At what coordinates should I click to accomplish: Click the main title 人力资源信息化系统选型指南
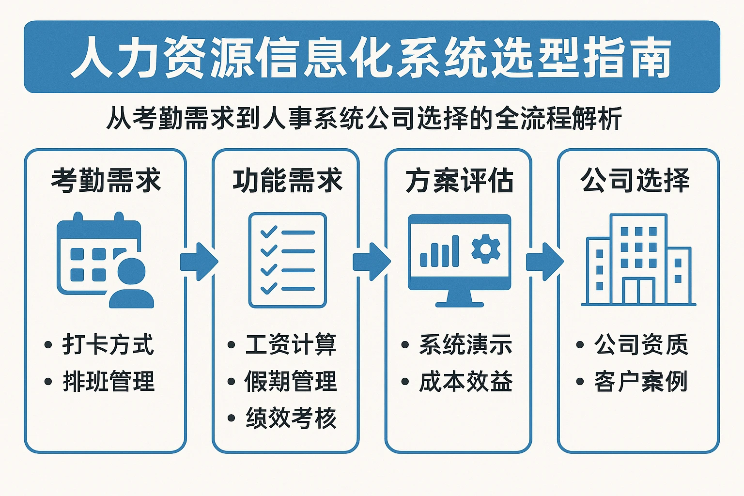(372, 57)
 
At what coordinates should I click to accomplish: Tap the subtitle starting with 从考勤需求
(364, 118)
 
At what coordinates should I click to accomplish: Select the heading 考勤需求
(106, 181)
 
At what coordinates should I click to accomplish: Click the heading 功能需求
(287, 181)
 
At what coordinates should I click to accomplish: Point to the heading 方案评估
(459, 181)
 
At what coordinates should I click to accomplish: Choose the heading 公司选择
(635, 181)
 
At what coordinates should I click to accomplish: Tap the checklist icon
(287, 260)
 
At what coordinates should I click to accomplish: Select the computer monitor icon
(459, 259)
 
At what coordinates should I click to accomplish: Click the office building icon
(638, 260)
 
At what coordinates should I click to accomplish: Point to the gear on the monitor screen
(485, 249)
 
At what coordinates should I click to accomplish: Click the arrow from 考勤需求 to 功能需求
(199, 262)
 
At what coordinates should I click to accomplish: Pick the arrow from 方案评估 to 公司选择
(544, 262)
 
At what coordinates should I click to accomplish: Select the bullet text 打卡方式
(108, 345)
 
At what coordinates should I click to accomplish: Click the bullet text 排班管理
(108, 381)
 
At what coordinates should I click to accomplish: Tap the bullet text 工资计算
(291, 345)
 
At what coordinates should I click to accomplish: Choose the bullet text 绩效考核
(291, 418)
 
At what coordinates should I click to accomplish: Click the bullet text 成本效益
(465, 381)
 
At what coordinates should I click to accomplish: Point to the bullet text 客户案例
(640, 381)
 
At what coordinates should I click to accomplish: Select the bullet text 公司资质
(640, 345)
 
